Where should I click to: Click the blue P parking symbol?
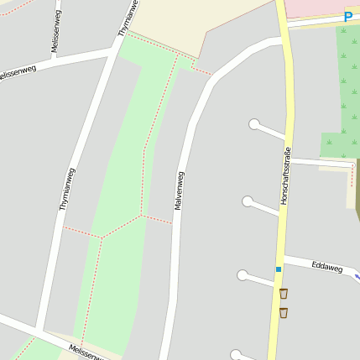pyautogui.click(x=348, y=17)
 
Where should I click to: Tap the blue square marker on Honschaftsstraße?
pyautogui.click(x=279, y=269)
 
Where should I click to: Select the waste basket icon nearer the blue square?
pyautogui.click(x=284, y=293)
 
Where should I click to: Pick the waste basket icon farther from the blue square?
pyautogui.click(x=284, y=313)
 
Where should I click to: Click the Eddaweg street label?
pyautogui.click(x=327, y=267)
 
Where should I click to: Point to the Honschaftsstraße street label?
pyautogui.click(x=285, y=176)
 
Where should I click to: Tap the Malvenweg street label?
pyautogui.click(x=179, y=190)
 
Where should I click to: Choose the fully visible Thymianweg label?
pyautogui.click(x=67, y=189)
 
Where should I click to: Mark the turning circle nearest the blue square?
pyautogui.click(x=243, y=275)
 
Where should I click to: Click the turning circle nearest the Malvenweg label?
pyautogui.click(x=248, y=201)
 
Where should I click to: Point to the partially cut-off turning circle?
pyautogui.click(x=236, y=355)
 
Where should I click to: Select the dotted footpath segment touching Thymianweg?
pyautogui.click(x=82, y=232)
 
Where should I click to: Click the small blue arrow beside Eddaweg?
pyautogui.click(x=357, y=275)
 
